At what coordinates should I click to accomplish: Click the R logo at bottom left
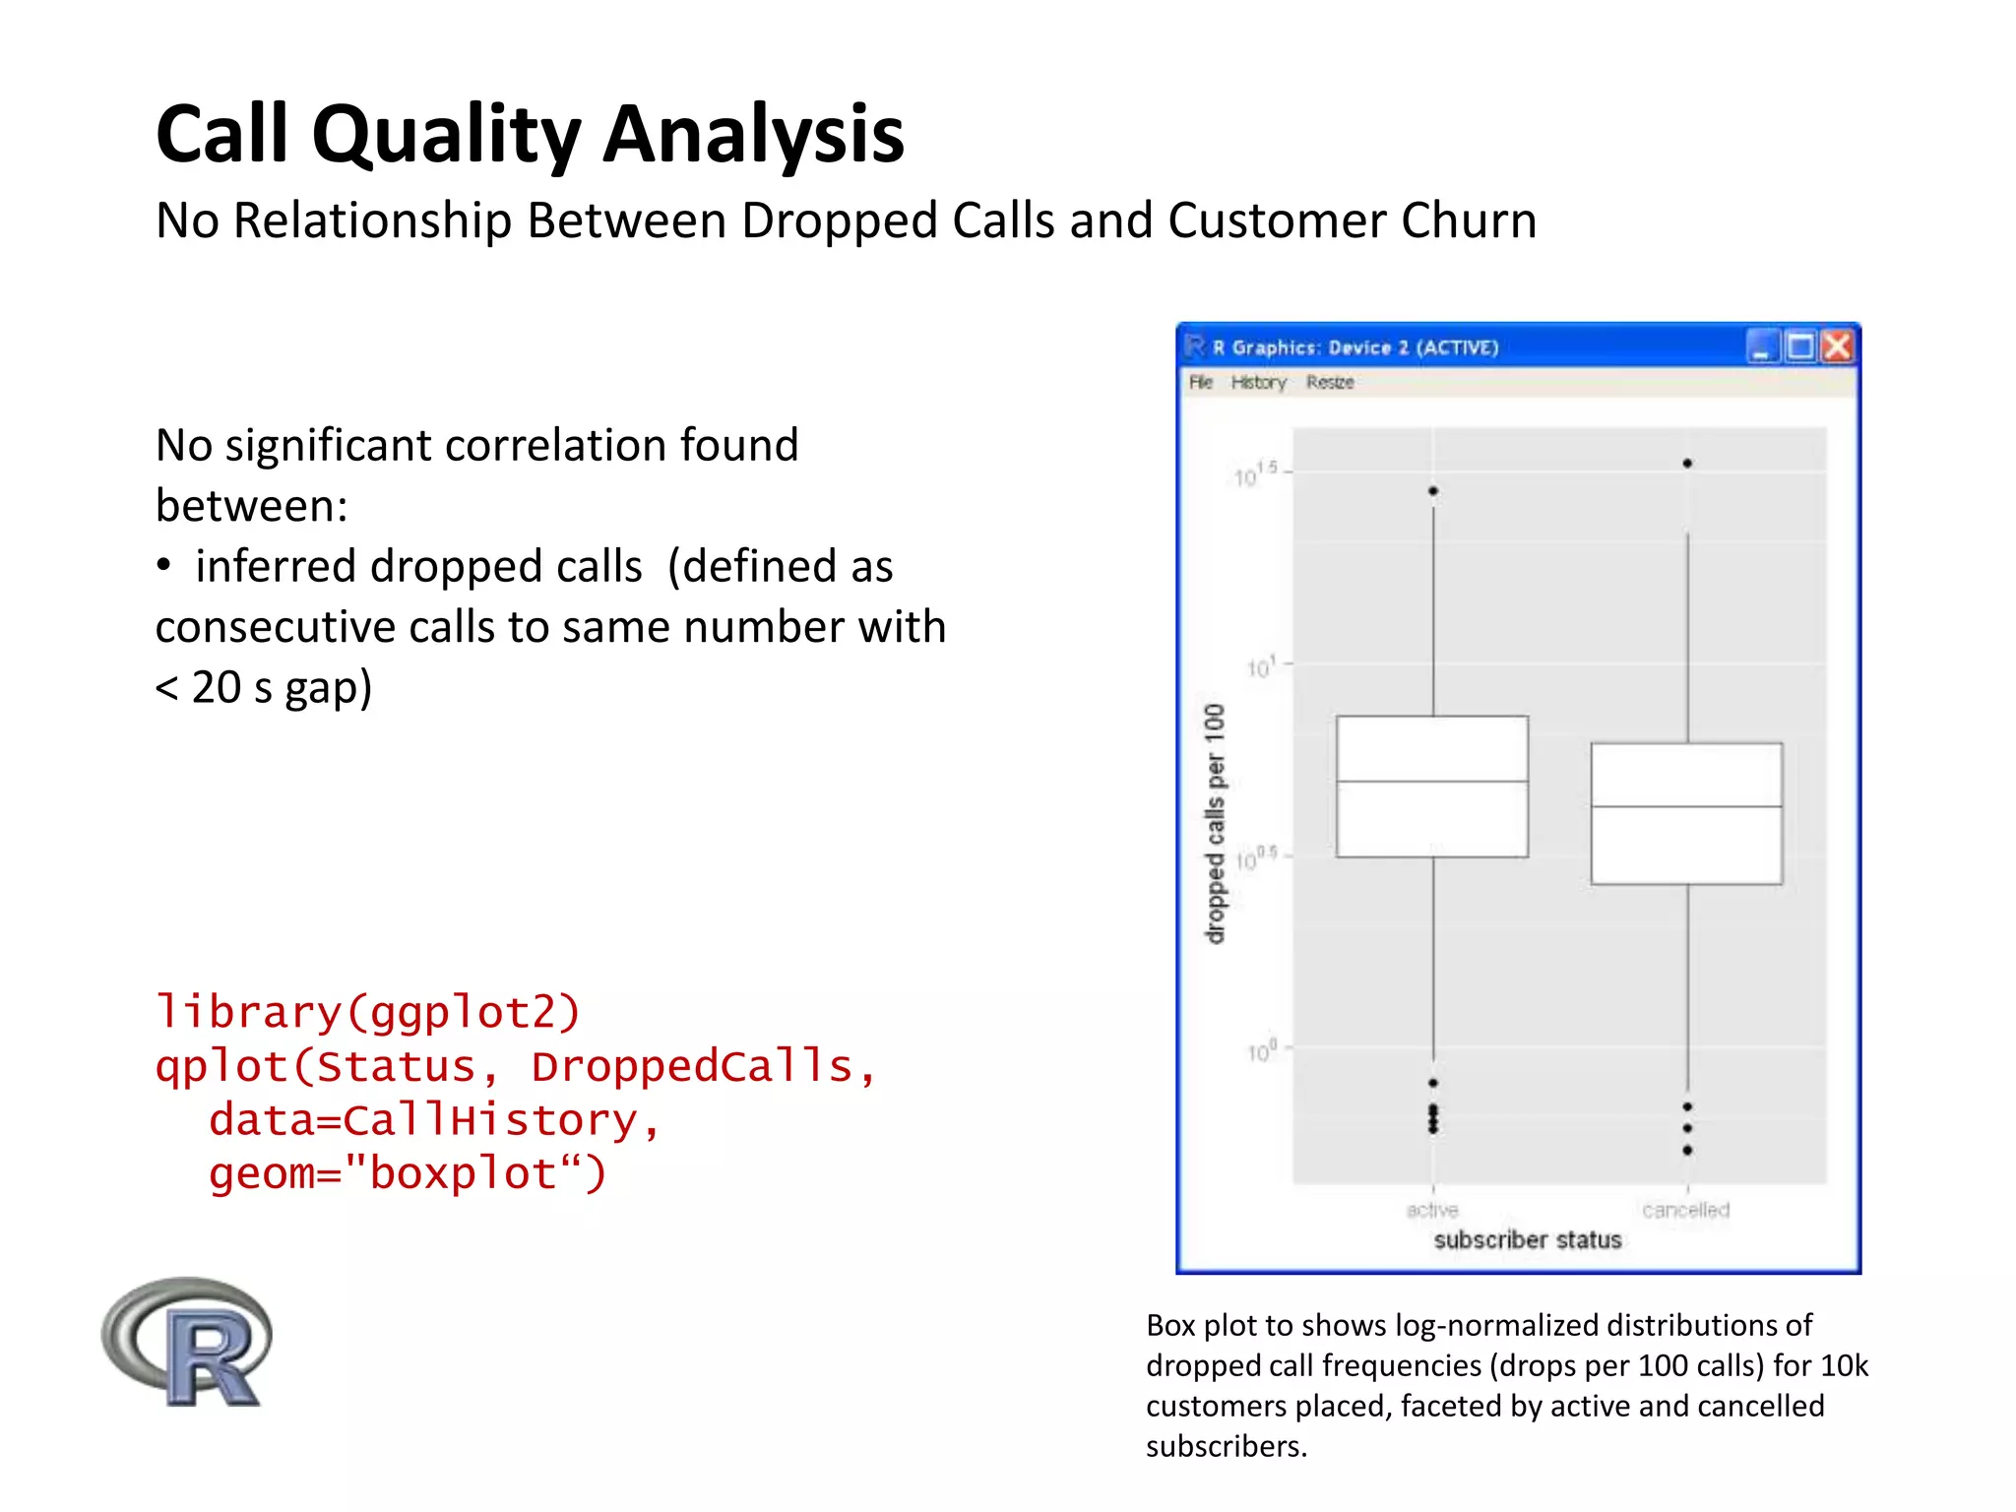pos(187,1343)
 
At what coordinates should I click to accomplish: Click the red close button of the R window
pos(1837,346)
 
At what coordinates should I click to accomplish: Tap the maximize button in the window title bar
pos(1799,346)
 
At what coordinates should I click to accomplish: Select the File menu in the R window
pos(1200,382)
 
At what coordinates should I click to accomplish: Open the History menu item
pos(1258,382)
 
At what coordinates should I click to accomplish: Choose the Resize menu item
pos(1330,382)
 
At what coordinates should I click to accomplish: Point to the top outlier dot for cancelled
pos(1687,463)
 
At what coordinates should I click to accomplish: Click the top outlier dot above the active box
pos(1433,490)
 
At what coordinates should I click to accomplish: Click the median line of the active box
pos(1432,782)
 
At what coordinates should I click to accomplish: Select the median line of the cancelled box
pos(1686,807)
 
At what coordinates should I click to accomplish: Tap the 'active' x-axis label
pos(1432,1210)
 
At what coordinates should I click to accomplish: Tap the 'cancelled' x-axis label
pos(1685,1210)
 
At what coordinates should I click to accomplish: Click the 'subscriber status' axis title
pos(1527,1240)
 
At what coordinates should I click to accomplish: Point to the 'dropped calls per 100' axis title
pos(1216,824)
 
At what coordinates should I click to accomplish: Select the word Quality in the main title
pos(446,135)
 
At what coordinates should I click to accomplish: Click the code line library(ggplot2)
pos(368,1012)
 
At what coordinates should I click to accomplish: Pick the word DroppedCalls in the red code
pos(692,1066)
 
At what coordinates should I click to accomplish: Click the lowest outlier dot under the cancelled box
pos(1687,1150)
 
